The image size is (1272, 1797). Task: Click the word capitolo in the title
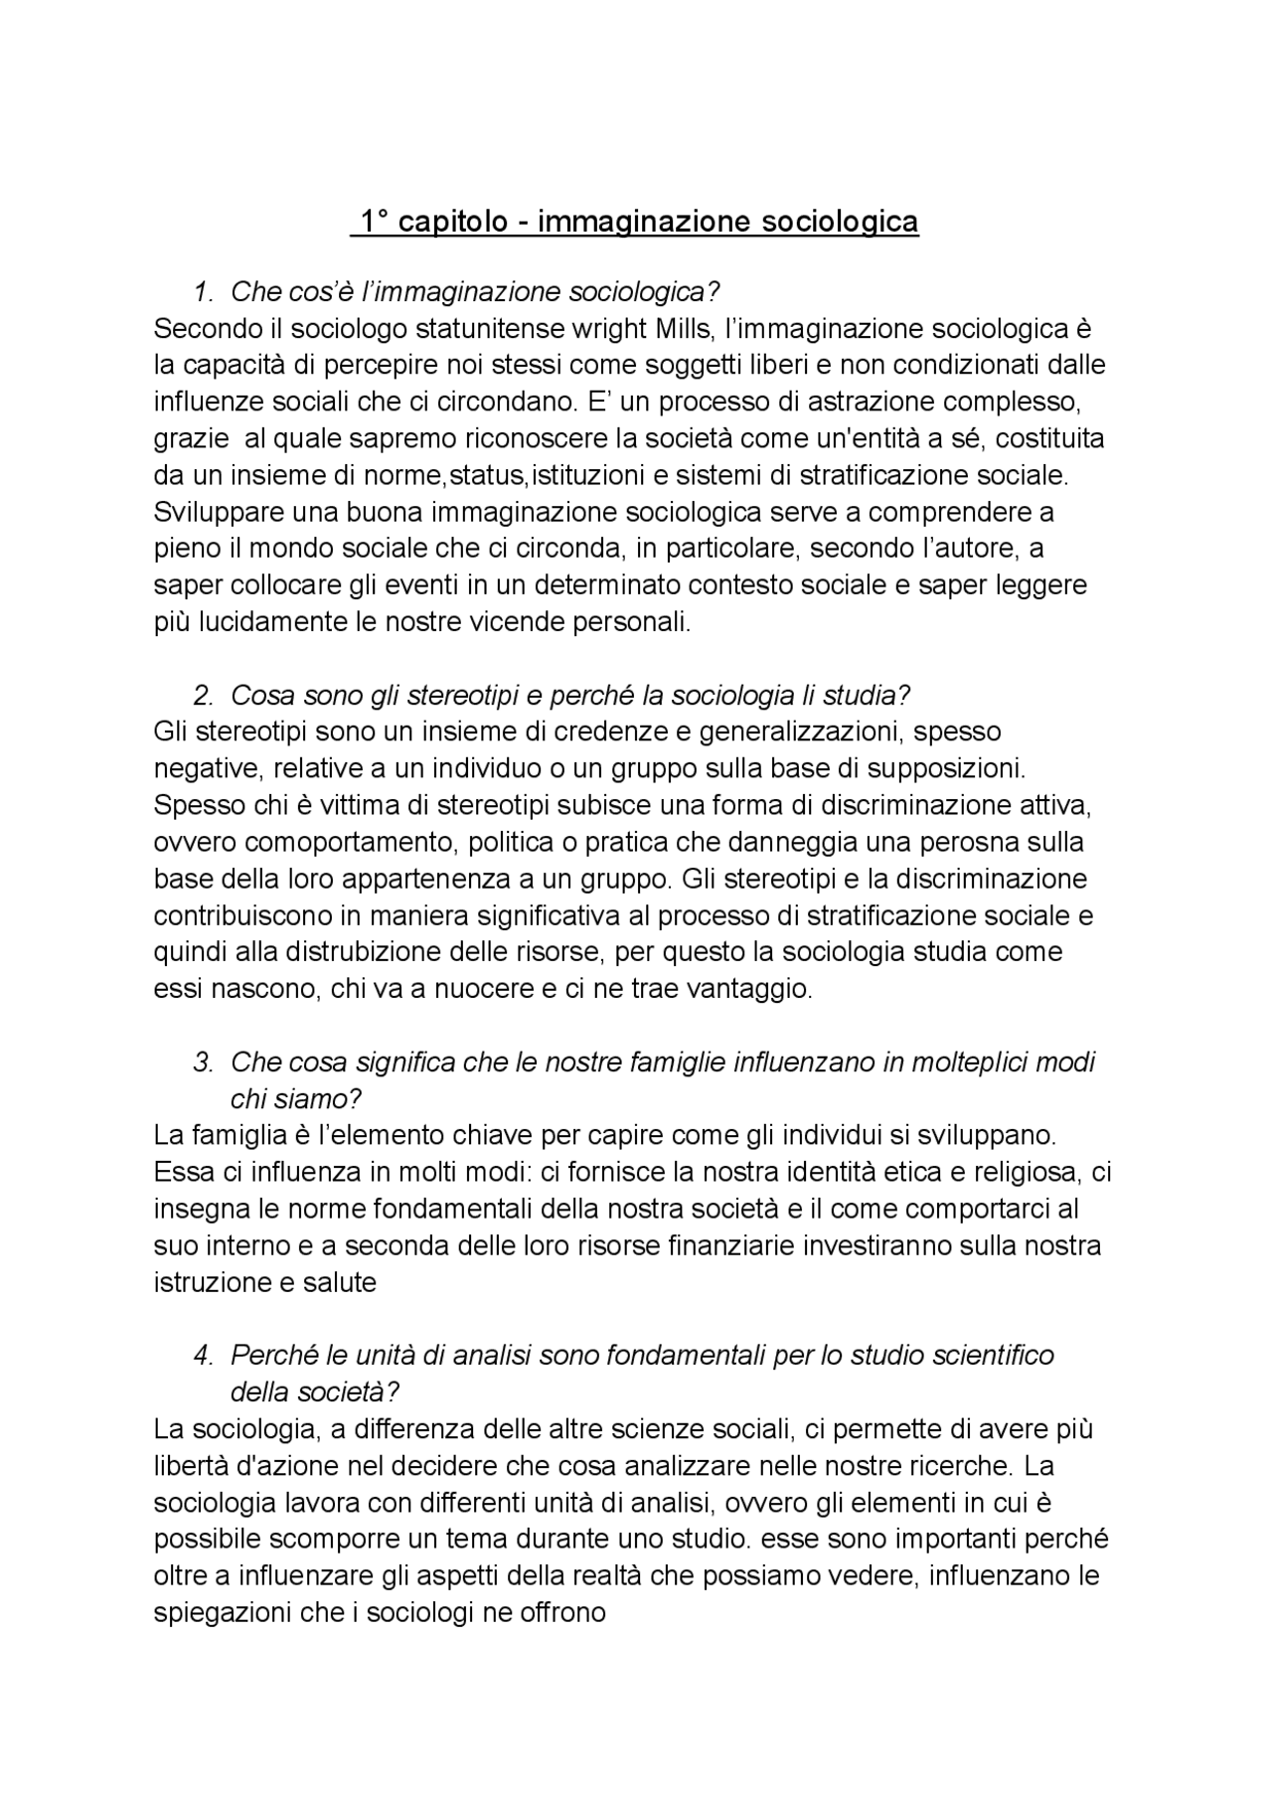pyautogui.click(x=453, y=221)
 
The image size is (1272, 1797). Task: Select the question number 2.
pyautogui.click(x=204, y=695)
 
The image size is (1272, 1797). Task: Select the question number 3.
pyautogui.click(x=204, y=1062)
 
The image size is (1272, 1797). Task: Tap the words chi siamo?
pyautogui.click(x=296, y=1099)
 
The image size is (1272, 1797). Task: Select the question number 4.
pyautogui.click(x=204, y=1356)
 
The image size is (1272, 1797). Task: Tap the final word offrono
pyautogui.click(x=559, y=1612)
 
